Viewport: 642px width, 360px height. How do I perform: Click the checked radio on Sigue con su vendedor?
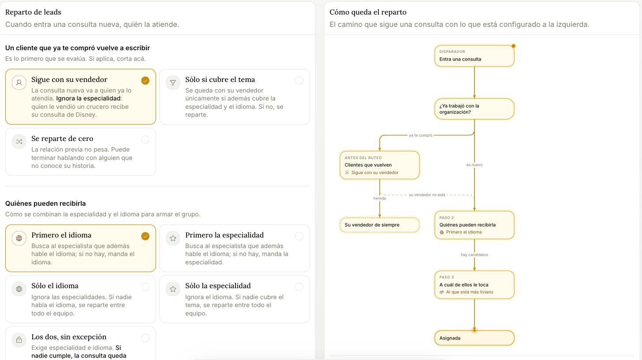pos(146,81)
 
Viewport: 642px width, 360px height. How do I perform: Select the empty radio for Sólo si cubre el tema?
pos(299,81)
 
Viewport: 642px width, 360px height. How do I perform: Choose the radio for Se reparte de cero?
pos(146,140)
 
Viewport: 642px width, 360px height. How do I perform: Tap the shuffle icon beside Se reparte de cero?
pos(19,141)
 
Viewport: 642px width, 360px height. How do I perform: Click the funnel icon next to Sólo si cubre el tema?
pos(173,82)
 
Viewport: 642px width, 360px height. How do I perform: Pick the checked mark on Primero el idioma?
pos(146,236)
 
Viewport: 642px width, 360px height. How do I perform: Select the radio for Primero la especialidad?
pos(299,236)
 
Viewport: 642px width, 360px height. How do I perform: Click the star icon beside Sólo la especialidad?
pos(173,289)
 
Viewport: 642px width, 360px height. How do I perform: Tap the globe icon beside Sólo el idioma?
pos(19,289)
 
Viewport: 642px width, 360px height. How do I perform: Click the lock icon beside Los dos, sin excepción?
pos(19,340)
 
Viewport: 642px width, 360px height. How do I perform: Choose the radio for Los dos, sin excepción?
pos(146,338)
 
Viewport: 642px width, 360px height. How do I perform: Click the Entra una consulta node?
pos(474,56)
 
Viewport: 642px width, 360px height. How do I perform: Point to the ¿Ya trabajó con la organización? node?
pos(474,109)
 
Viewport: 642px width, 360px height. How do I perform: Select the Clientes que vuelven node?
pos(380,165)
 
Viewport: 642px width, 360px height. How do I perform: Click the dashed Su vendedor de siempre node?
pos(380,225)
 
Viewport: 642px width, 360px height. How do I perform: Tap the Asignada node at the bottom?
pos(474,338)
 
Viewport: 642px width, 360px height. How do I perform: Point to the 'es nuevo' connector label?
pos(474,165)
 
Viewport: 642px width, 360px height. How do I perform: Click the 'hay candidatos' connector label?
pos(474,255)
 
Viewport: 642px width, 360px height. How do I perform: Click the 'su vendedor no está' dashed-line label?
pos(427,195)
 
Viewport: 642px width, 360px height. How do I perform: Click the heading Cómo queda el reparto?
pos(368,12)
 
